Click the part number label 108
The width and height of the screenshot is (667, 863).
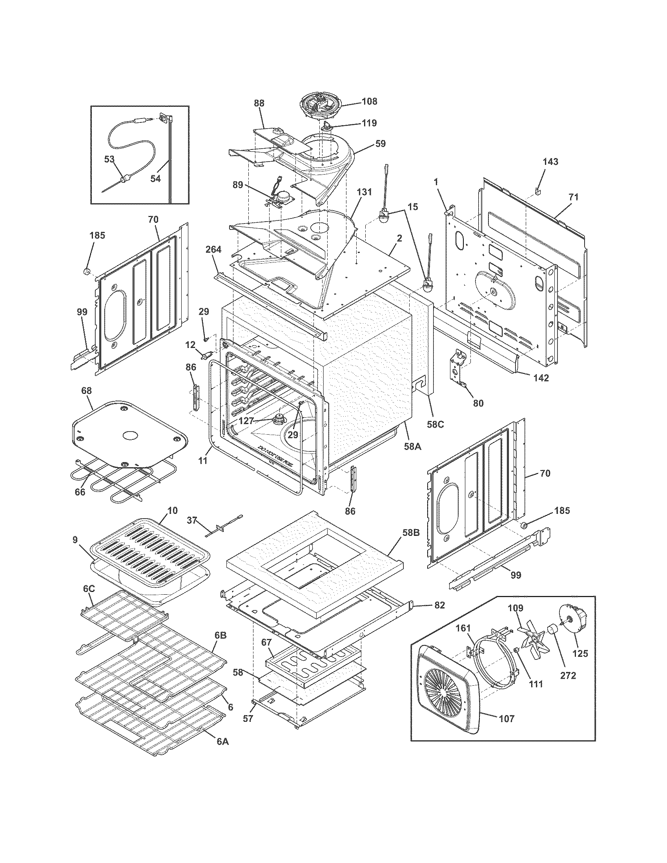click(369, 102)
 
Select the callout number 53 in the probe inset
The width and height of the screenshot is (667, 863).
click(109, 159)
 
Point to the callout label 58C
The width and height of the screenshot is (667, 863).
click(435, 424)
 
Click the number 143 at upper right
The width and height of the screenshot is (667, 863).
click(550, 161)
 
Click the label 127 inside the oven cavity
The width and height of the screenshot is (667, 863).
click(246, 421)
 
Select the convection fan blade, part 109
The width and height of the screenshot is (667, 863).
click(533, 640)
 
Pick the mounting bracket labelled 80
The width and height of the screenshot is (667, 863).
click(458, 368)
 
